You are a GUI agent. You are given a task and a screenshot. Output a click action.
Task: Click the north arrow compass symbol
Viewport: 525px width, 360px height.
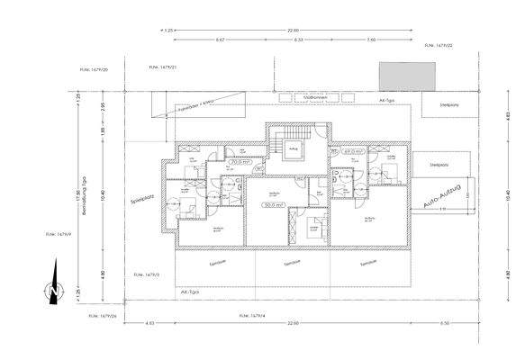pyautogui.click(x=55, y=288)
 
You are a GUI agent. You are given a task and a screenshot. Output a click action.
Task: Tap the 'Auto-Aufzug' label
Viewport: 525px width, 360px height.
pyautogui.click(x=444, y=197)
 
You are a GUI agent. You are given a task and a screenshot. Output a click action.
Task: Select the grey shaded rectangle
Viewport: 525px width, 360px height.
pyautogui.click(x=407, y=76)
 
